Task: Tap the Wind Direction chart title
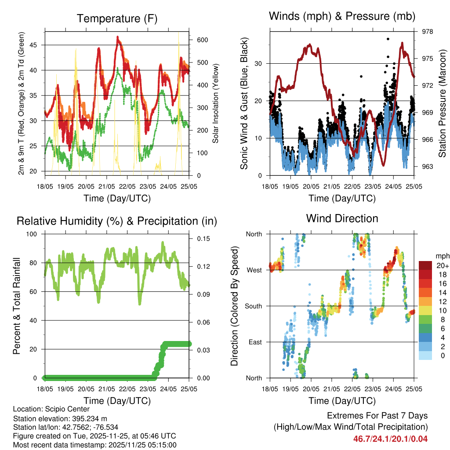click(x=342, y=218)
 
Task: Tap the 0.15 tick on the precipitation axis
click(x=202, y=239)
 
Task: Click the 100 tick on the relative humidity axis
click(x=34, y=234)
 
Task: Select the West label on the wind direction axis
click(x=254, y=270)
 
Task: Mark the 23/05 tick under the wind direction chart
click(x=373, y=389)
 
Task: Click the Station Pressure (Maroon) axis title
click(x=443, y=103)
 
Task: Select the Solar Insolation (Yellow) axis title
click(x=215, y=103)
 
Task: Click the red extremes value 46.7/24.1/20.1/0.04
click(x=390, y=439)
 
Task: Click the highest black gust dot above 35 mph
click(x=388, y=39)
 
